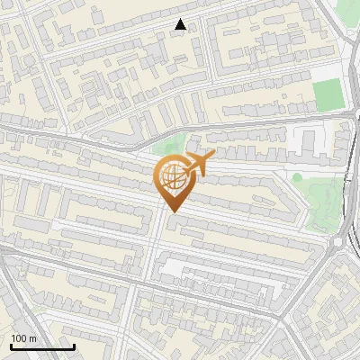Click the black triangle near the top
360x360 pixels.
pyautogui.click(x=181, y=24)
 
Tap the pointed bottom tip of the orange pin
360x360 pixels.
pyautogui.click(x=173, y=211)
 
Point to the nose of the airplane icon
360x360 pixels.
pyautogui.click(x=213, y=157)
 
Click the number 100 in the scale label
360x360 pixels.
pyautogui.click(x=19, y=337)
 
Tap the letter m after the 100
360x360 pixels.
pyautogui.click(x=32, y=337)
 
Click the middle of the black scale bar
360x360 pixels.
pyautogui.click(x=42, y=346)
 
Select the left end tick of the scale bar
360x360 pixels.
pyautogui.click(x=11, y=345)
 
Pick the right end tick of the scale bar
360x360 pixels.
pyautogui.click(x=74, y=345)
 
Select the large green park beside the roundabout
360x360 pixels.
pyautogui.click(x=324, y=202)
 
